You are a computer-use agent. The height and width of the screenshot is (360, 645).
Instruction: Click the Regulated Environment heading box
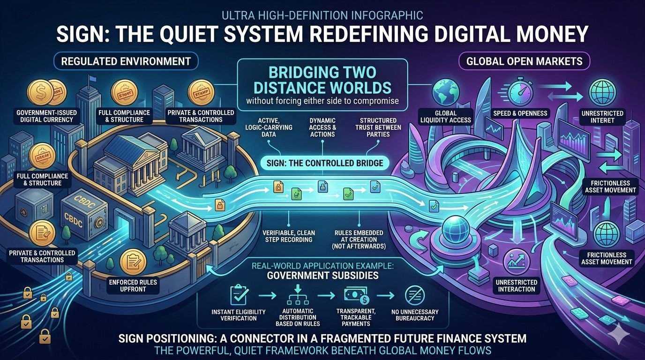pyautogui.click(x=126, y=61)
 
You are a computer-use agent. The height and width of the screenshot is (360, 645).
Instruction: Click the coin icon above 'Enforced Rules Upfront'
pyautogui.click(x=134, y=262)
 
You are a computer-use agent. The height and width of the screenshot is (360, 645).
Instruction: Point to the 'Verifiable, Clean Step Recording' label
pyautogui.click(x=289, y=236)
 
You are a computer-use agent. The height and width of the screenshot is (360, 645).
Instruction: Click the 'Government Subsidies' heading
pyautogui.click(x=322, y=275)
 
